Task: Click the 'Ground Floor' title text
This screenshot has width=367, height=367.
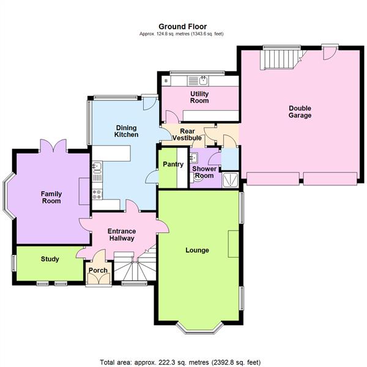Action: point(182,26)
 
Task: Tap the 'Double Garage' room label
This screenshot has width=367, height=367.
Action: point(300,111)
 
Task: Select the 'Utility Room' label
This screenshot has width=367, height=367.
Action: point(199,97)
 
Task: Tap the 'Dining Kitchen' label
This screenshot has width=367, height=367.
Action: point(127,131)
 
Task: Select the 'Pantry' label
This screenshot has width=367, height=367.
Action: point(173,164)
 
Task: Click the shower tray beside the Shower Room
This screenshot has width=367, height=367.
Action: point(231,179)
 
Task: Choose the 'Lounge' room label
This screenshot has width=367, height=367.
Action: point(198,250)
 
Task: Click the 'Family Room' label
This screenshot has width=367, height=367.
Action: point(51,198)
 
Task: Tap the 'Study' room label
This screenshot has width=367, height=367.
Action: point(50,259)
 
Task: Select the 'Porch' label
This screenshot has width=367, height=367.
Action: point(98,270)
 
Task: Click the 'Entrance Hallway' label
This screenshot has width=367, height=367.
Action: point(121,235)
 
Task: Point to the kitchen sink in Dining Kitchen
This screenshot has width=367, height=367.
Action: point(97,166)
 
